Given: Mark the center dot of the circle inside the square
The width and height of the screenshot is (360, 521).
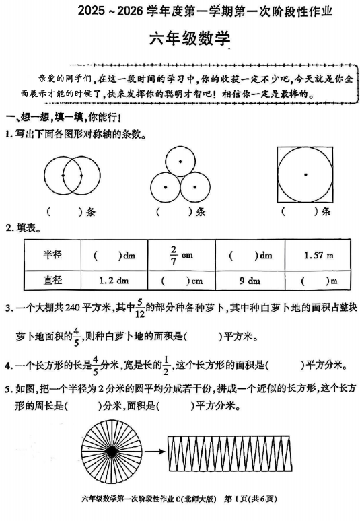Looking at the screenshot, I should coord(305,174).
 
